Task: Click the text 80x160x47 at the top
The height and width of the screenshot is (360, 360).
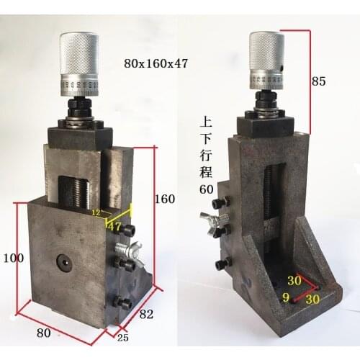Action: click(156, 63)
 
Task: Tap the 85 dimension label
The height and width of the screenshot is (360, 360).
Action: click(318, 81)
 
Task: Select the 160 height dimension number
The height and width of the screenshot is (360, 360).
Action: click(165, 199)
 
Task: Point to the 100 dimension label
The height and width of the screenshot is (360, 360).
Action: click(14, 256)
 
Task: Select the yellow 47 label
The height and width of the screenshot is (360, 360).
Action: click(114, 226)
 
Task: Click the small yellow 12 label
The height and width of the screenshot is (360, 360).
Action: click(96, 213)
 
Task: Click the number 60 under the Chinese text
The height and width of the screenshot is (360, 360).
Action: click(207, 188)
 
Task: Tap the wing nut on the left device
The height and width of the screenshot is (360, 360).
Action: click(131, 252)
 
